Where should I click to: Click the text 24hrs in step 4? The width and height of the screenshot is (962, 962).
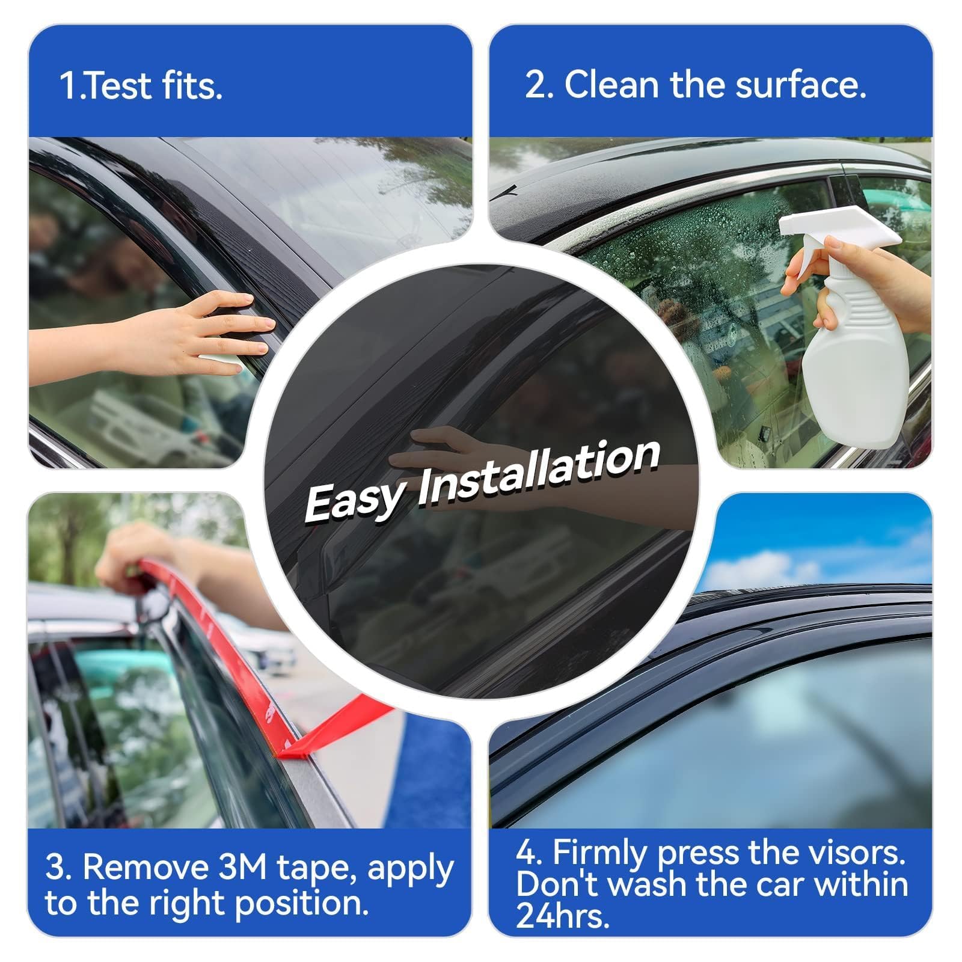[x=560, y=918]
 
